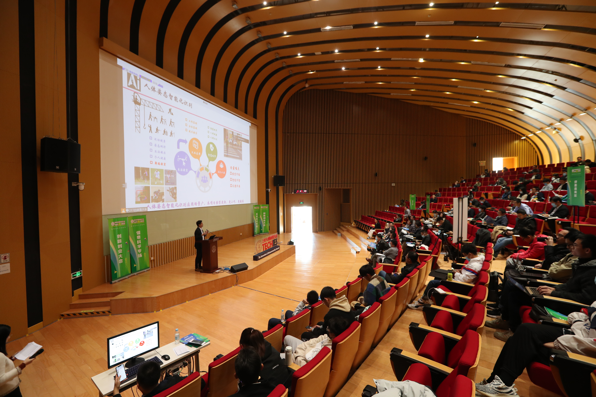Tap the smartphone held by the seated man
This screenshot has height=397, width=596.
(121, 372)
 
